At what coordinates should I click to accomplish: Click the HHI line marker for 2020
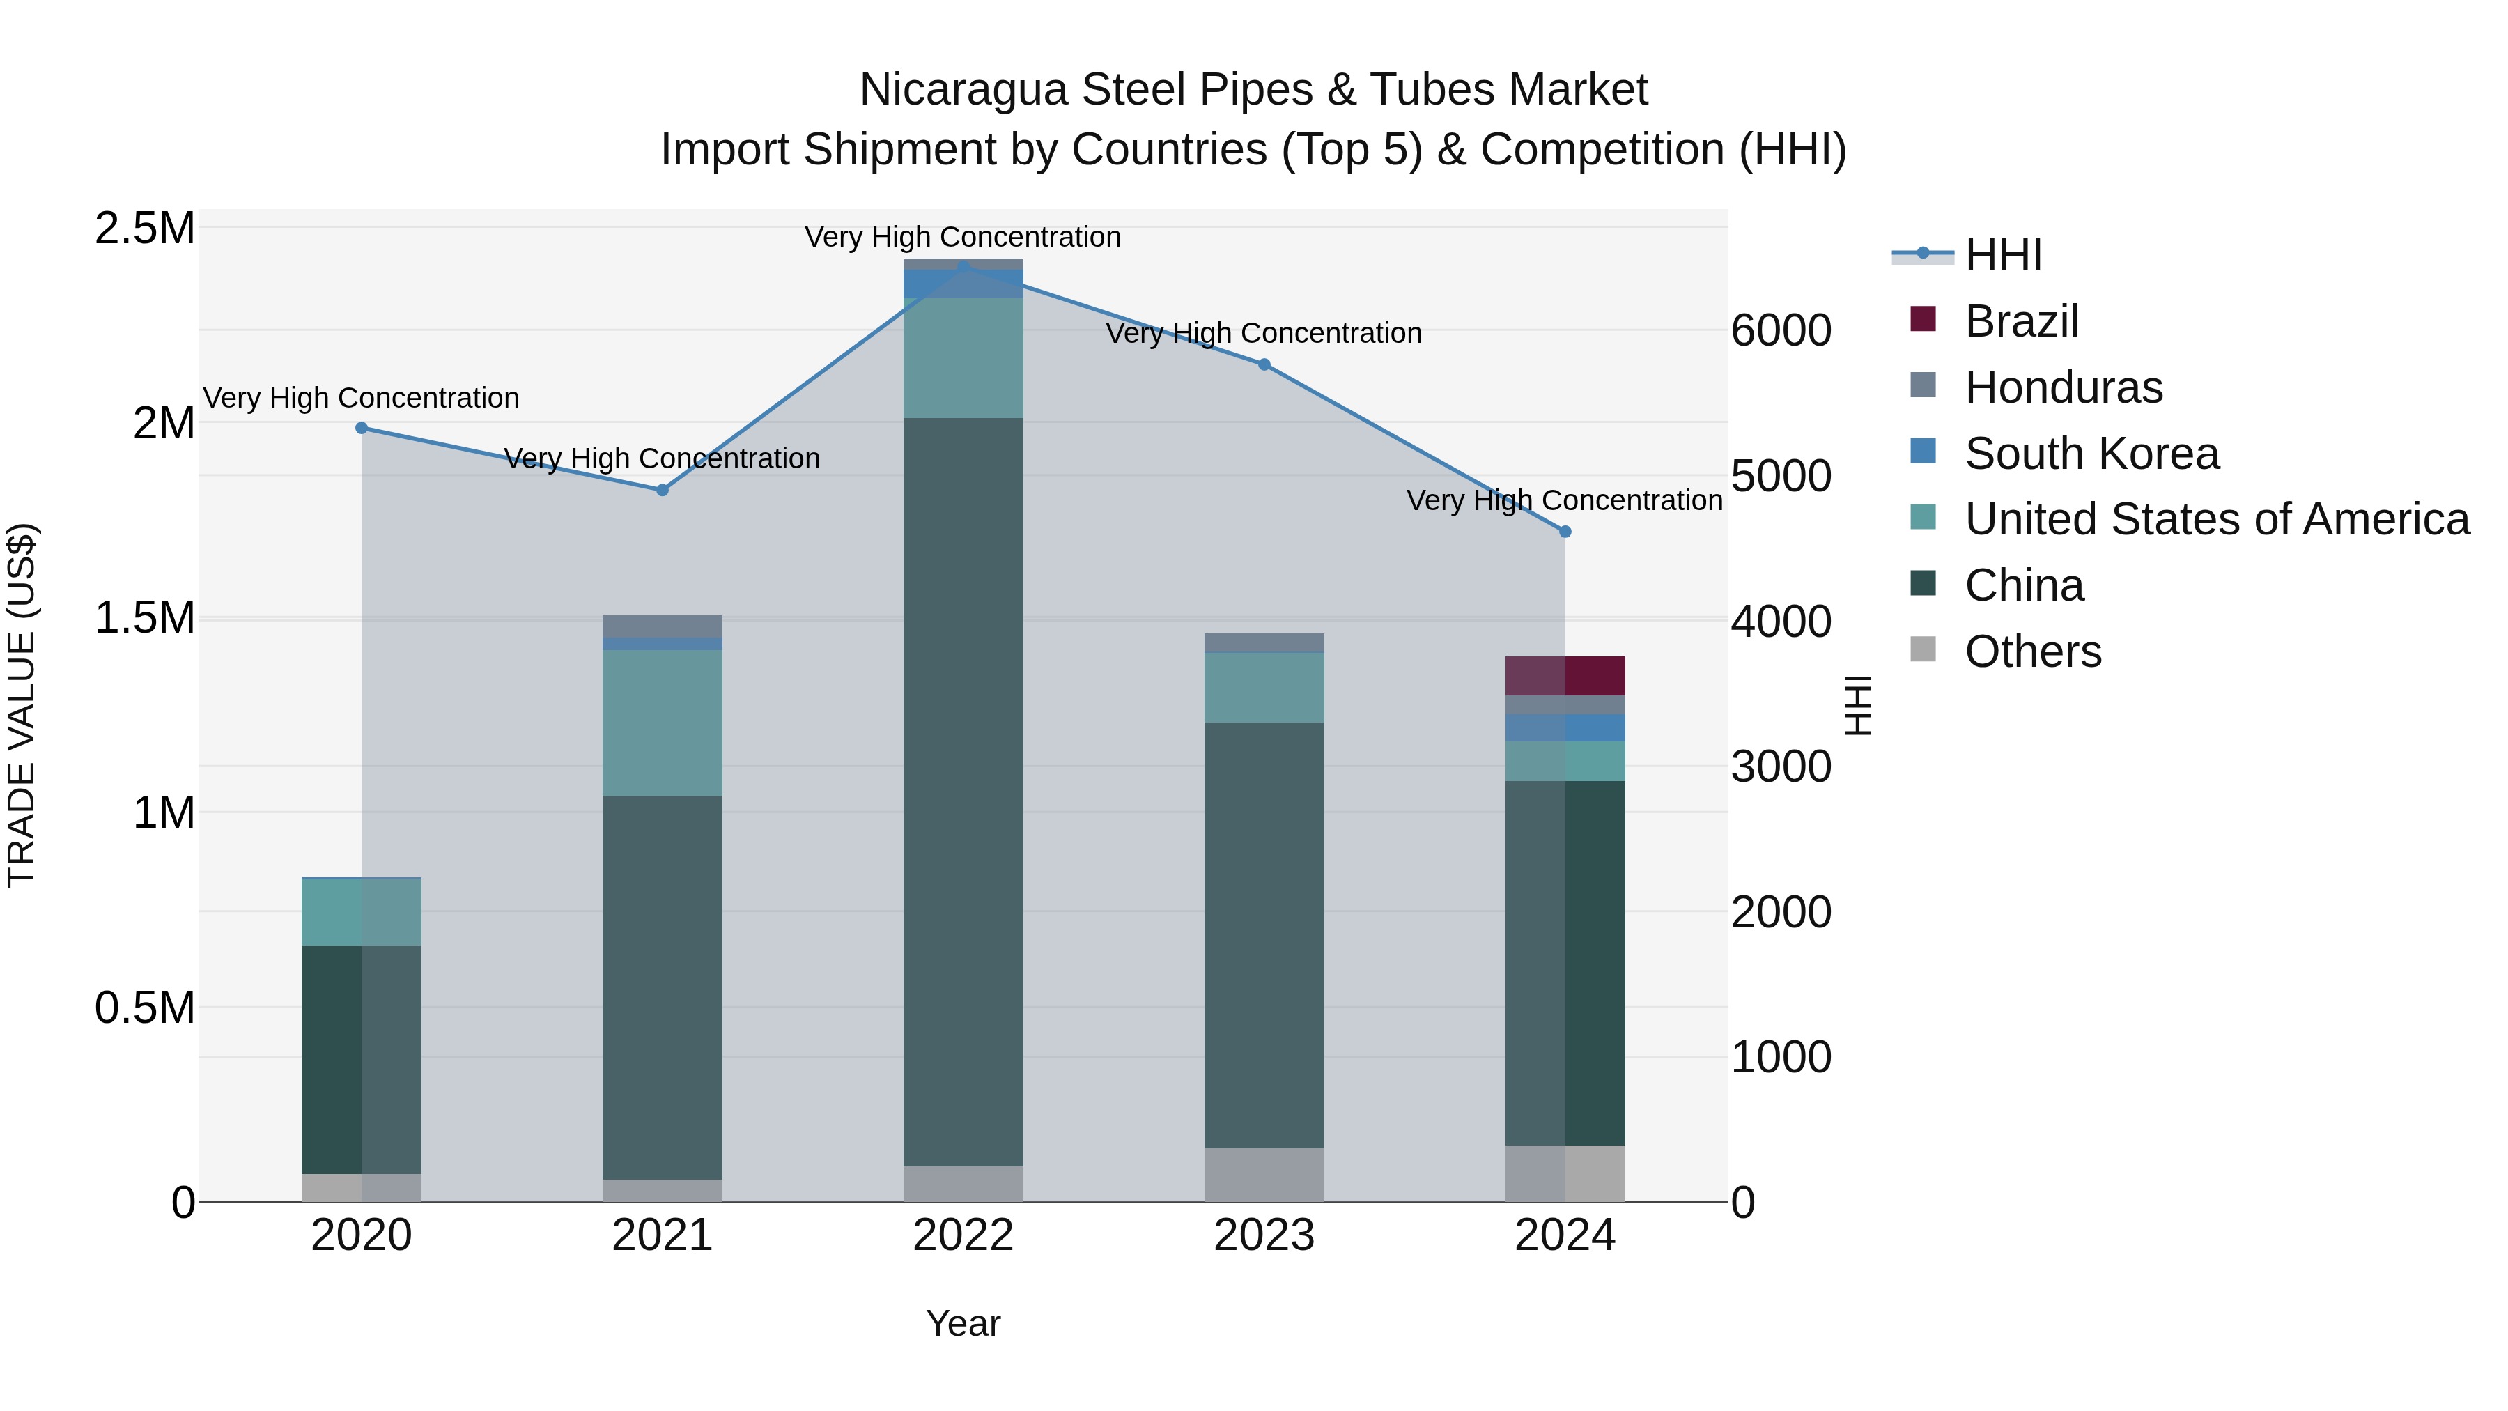[x=361, y=428]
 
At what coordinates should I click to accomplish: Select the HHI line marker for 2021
[x=662, y=490]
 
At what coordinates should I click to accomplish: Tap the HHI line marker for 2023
[x=1264, y=364]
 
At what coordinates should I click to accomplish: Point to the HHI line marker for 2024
[x=1565, y=532]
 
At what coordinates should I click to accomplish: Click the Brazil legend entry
[x=2021, y=321]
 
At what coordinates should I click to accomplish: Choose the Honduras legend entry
[x=2063, y=387]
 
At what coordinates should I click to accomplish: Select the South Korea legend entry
[x=2091, y=454]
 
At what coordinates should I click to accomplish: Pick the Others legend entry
[x=2033, y=651]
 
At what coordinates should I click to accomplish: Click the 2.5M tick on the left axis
[x=144, y=229]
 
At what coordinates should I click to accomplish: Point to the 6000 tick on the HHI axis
[x=1781, y=331]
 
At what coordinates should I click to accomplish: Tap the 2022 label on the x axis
[x=963, y=1235]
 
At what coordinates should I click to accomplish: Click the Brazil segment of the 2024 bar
[x=1565, y=676]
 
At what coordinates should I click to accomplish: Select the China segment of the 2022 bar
[x=963, y=791]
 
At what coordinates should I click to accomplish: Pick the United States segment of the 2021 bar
[x=662, y=723]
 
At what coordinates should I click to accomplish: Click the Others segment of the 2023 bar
[x=1264, y=1174]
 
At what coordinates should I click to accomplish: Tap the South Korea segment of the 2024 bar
[x=1565, y=727]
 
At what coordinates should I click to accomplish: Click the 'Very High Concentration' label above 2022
[x=963, y=238]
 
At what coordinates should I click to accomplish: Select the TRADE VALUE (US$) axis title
[x=22, y=705]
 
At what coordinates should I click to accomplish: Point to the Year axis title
[x=963, y=1323]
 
